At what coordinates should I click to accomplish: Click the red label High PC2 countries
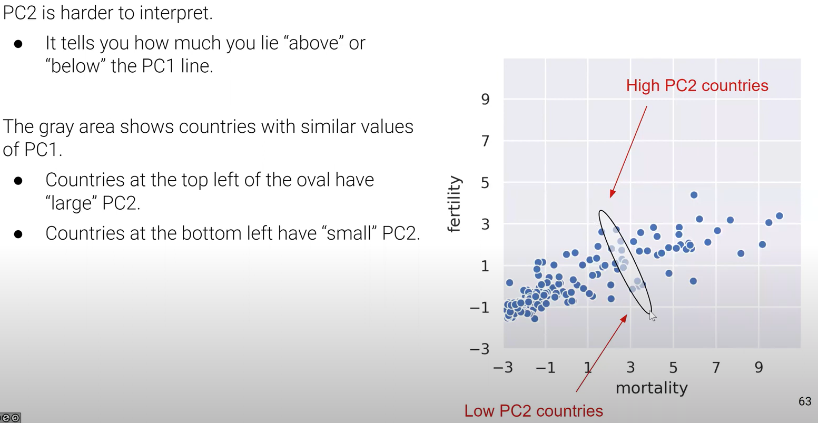tap(697, 85)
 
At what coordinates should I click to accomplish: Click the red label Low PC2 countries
tap(533, 410)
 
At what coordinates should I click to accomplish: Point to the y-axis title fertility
tap(454, 204)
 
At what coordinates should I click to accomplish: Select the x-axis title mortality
tap(652, 388)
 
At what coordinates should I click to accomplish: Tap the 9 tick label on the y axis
tap(485, 99)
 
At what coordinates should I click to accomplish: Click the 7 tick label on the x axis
tap(716, 367)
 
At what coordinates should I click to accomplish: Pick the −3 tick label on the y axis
tap(479, 349)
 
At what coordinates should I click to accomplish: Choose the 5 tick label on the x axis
tap(673, 367)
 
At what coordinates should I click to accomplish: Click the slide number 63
tap(804, 401)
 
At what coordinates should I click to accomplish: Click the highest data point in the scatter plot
tap(694, 195)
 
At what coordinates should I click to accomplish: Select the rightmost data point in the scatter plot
tap(779, 216)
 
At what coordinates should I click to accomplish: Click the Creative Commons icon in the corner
tap(10, 418)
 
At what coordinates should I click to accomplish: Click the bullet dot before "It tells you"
tap(18, 44)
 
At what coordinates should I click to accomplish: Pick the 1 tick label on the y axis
tap(485, 266)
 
